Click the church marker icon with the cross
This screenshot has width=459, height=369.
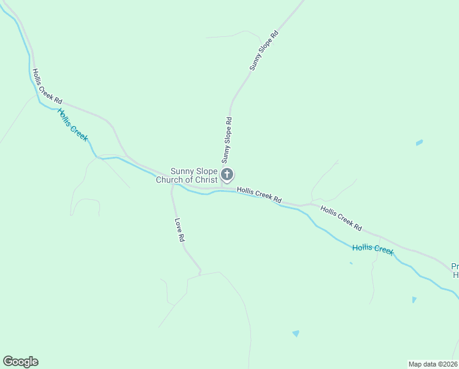(x=227, y=175)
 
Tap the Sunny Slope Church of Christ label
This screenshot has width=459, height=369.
(x=187, y=175)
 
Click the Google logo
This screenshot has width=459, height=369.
(x=20, y=362)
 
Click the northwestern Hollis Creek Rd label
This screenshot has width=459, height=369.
(x=47, y=86)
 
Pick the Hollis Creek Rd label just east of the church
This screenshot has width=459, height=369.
(x=259, y=196)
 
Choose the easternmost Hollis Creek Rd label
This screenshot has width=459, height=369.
(x=341, y=218)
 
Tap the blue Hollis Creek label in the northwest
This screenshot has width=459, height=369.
(x=72, y=124)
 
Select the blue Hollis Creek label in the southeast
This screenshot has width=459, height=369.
(x=372, y=249)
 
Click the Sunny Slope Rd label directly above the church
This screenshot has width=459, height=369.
(x=227, y=140)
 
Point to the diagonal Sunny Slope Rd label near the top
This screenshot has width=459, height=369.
(x=264, y=51)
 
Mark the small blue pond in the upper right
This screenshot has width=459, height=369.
(x=419, y=143)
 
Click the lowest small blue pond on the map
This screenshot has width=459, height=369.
(x=296, y=333)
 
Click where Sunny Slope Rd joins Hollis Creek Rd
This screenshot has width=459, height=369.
(x=222, y=188)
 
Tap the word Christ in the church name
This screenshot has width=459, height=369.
(x=204, y=180)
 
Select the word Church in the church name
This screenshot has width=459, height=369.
(x=169, y=180)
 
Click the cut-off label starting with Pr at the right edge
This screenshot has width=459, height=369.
(x=455, y=271)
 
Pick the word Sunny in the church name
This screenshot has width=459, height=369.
(x=182, y=171)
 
